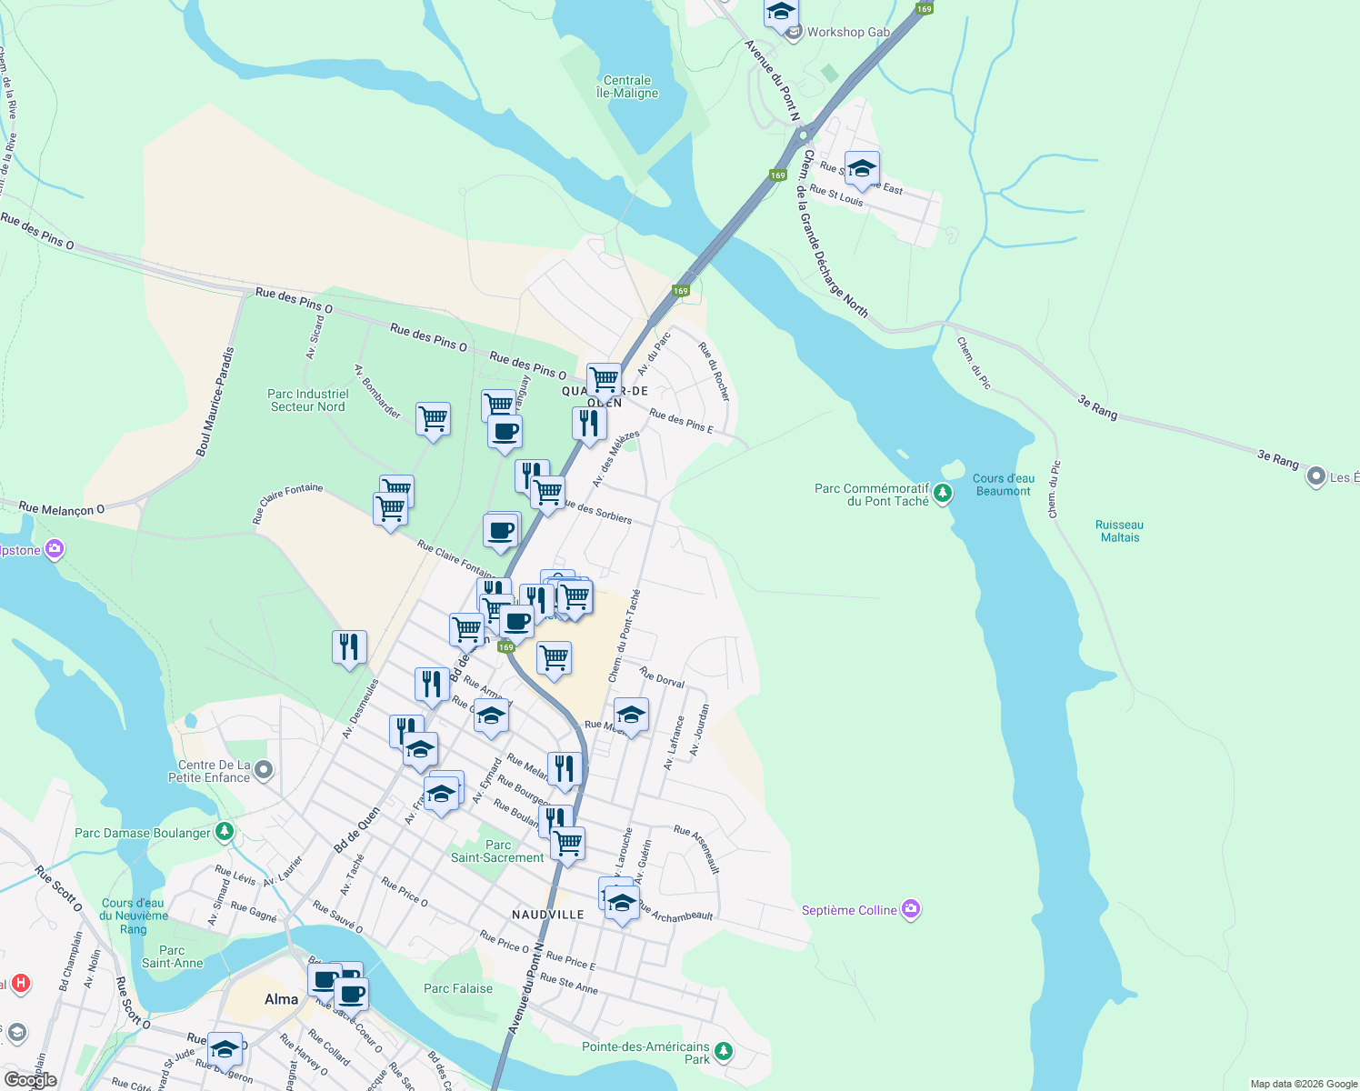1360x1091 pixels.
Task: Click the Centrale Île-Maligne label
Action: (x=627, y=86)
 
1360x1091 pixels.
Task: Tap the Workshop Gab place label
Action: (x=848, y=32)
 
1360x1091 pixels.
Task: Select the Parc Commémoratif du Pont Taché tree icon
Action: (x=944, y=494)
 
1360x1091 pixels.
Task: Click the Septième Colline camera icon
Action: (x=912, y=909)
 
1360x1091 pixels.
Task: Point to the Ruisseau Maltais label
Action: (x=1119, y=531)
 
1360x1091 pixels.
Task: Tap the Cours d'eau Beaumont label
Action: (x=1004, y=485)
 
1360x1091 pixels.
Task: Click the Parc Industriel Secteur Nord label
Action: (x=308, y=400)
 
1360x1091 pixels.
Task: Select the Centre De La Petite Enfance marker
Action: (x=264, y=770)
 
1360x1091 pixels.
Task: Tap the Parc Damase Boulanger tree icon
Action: (x=225, y=832)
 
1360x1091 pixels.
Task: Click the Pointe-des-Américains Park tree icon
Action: (x=724, y=1052)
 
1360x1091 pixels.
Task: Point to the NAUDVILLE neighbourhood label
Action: (x=548, y=915)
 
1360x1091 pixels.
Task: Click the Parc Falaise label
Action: (x=458, y=988)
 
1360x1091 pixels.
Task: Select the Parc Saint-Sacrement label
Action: (x=497, y=851)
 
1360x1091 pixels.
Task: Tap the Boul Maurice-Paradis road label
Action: (x=215, y=401)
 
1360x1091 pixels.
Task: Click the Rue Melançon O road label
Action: (x=62, y=509)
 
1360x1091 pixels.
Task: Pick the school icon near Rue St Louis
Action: (x=861, y=169)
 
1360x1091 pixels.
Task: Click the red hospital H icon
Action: (x=21, y=984)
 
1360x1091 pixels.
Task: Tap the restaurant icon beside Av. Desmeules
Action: (x=349, y=647)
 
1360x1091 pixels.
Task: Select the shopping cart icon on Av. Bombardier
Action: (x=433, y=419)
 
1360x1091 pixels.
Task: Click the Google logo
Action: (x=30, y=1080)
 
